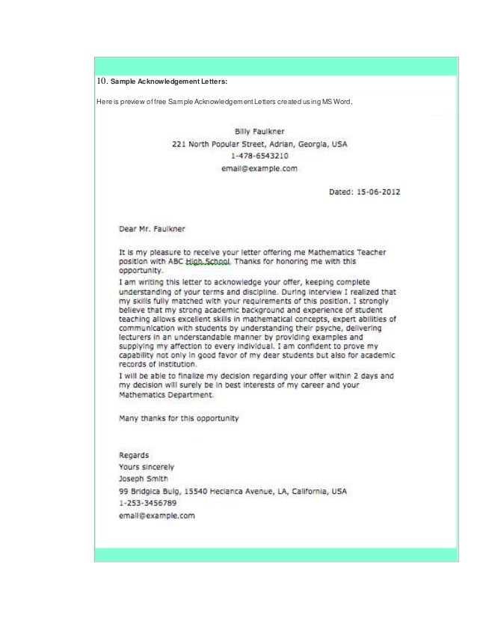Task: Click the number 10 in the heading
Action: [x=102, y=80]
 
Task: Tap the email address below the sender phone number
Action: [x=259, y=168]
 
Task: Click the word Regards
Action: [x=135, y=454]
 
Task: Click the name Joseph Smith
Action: [x=144, y=479]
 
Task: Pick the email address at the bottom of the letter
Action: [x=157, y=515]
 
